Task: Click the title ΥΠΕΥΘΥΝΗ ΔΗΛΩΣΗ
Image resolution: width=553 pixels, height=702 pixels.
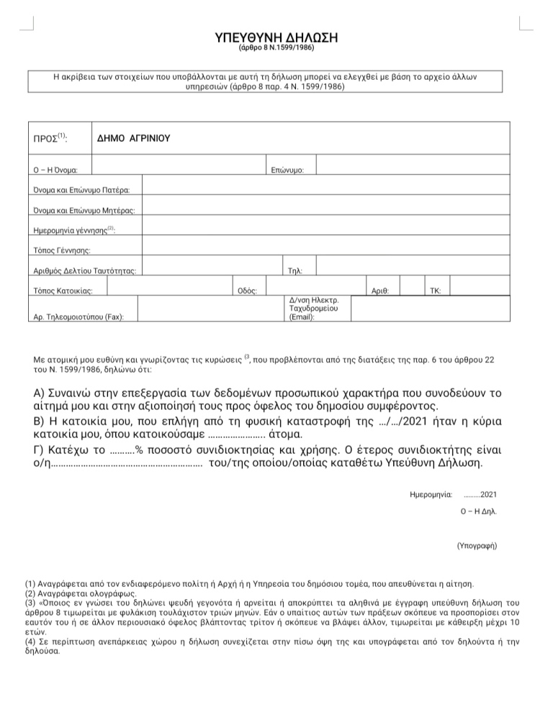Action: [276, 37]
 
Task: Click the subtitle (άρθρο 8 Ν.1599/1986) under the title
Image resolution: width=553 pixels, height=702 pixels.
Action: [276, 49]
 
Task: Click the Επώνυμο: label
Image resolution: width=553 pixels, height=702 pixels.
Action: [288, 170]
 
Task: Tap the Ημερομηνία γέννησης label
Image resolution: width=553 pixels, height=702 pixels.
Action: [74, 231]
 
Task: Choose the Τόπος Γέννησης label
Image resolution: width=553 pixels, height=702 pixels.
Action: [61, 250]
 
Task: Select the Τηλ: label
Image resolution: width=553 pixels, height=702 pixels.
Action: [295, 271]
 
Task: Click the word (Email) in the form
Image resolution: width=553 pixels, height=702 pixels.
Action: [301, 316]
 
